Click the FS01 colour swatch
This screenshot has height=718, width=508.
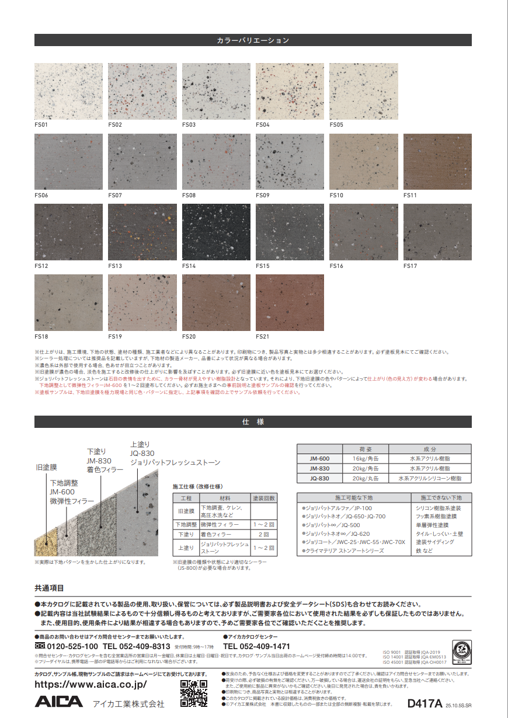point(68,91)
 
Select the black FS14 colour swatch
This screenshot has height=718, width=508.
point(216,232)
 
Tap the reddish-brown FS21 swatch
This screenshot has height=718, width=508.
point(290,303)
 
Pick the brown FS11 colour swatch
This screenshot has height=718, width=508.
point(437,162)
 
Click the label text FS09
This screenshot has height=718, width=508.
point(262,195)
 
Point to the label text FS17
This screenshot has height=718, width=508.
point(410,266)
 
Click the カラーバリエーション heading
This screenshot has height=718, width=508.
point(253,40)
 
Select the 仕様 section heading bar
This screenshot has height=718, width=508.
point(253,421)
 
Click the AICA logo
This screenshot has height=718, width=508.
point(59,702)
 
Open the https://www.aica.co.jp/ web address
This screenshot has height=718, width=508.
point(91,684)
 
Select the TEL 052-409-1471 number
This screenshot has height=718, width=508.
point(256,647)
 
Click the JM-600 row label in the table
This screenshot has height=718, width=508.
point(319,459)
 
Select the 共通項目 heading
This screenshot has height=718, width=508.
point(49,588)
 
